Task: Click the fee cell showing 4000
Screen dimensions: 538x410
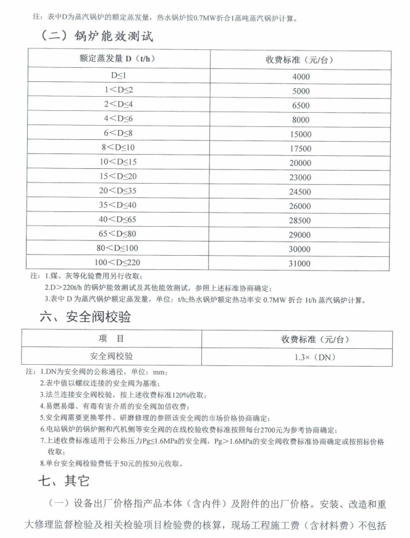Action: [300, 77]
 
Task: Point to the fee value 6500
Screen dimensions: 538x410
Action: [300, 105]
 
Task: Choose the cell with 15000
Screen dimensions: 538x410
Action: [300, 134]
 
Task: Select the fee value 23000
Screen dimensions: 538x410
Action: [300, 177]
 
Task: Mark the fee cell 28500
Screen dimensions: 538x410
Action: [300, 220]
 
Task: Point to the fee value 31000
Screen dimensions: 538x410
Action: [300, 264]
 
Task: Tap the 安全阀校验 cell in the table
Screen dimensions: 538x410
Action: [115, 356]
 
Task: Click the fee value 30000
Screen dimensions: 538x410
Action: [300, 249]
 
